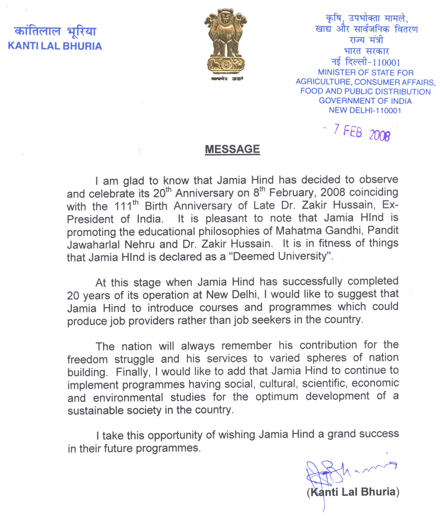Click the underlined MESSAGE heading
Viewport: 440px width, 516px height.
(x=232, y=149)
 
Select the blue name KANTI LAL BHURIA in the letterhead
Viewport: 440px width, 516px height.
(x=55, y=46)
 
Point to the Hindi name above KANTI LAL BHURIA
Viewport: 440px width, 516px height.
(x=55, y=31)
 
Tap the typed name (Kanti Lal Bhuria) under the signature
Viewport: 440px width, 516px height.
(x=353, y=492)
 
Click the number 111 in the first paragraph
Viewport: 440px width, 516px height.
(x=123, y=207)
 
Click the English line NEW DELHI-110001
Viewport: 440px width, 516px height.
(x=365, y=110)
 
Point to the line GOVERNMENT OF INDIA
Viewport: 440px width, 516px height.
(x=365, y=101)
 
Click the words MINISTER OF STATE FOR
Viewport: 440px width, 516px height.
(x=365, y=72)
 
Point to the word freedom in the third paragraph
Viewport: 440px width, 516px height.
(x=87, y=359)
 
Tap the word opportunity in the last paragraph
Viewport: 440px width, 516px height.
(x=175, y=435)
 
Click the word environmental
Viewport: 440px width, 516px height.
(x=128, y=398)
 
